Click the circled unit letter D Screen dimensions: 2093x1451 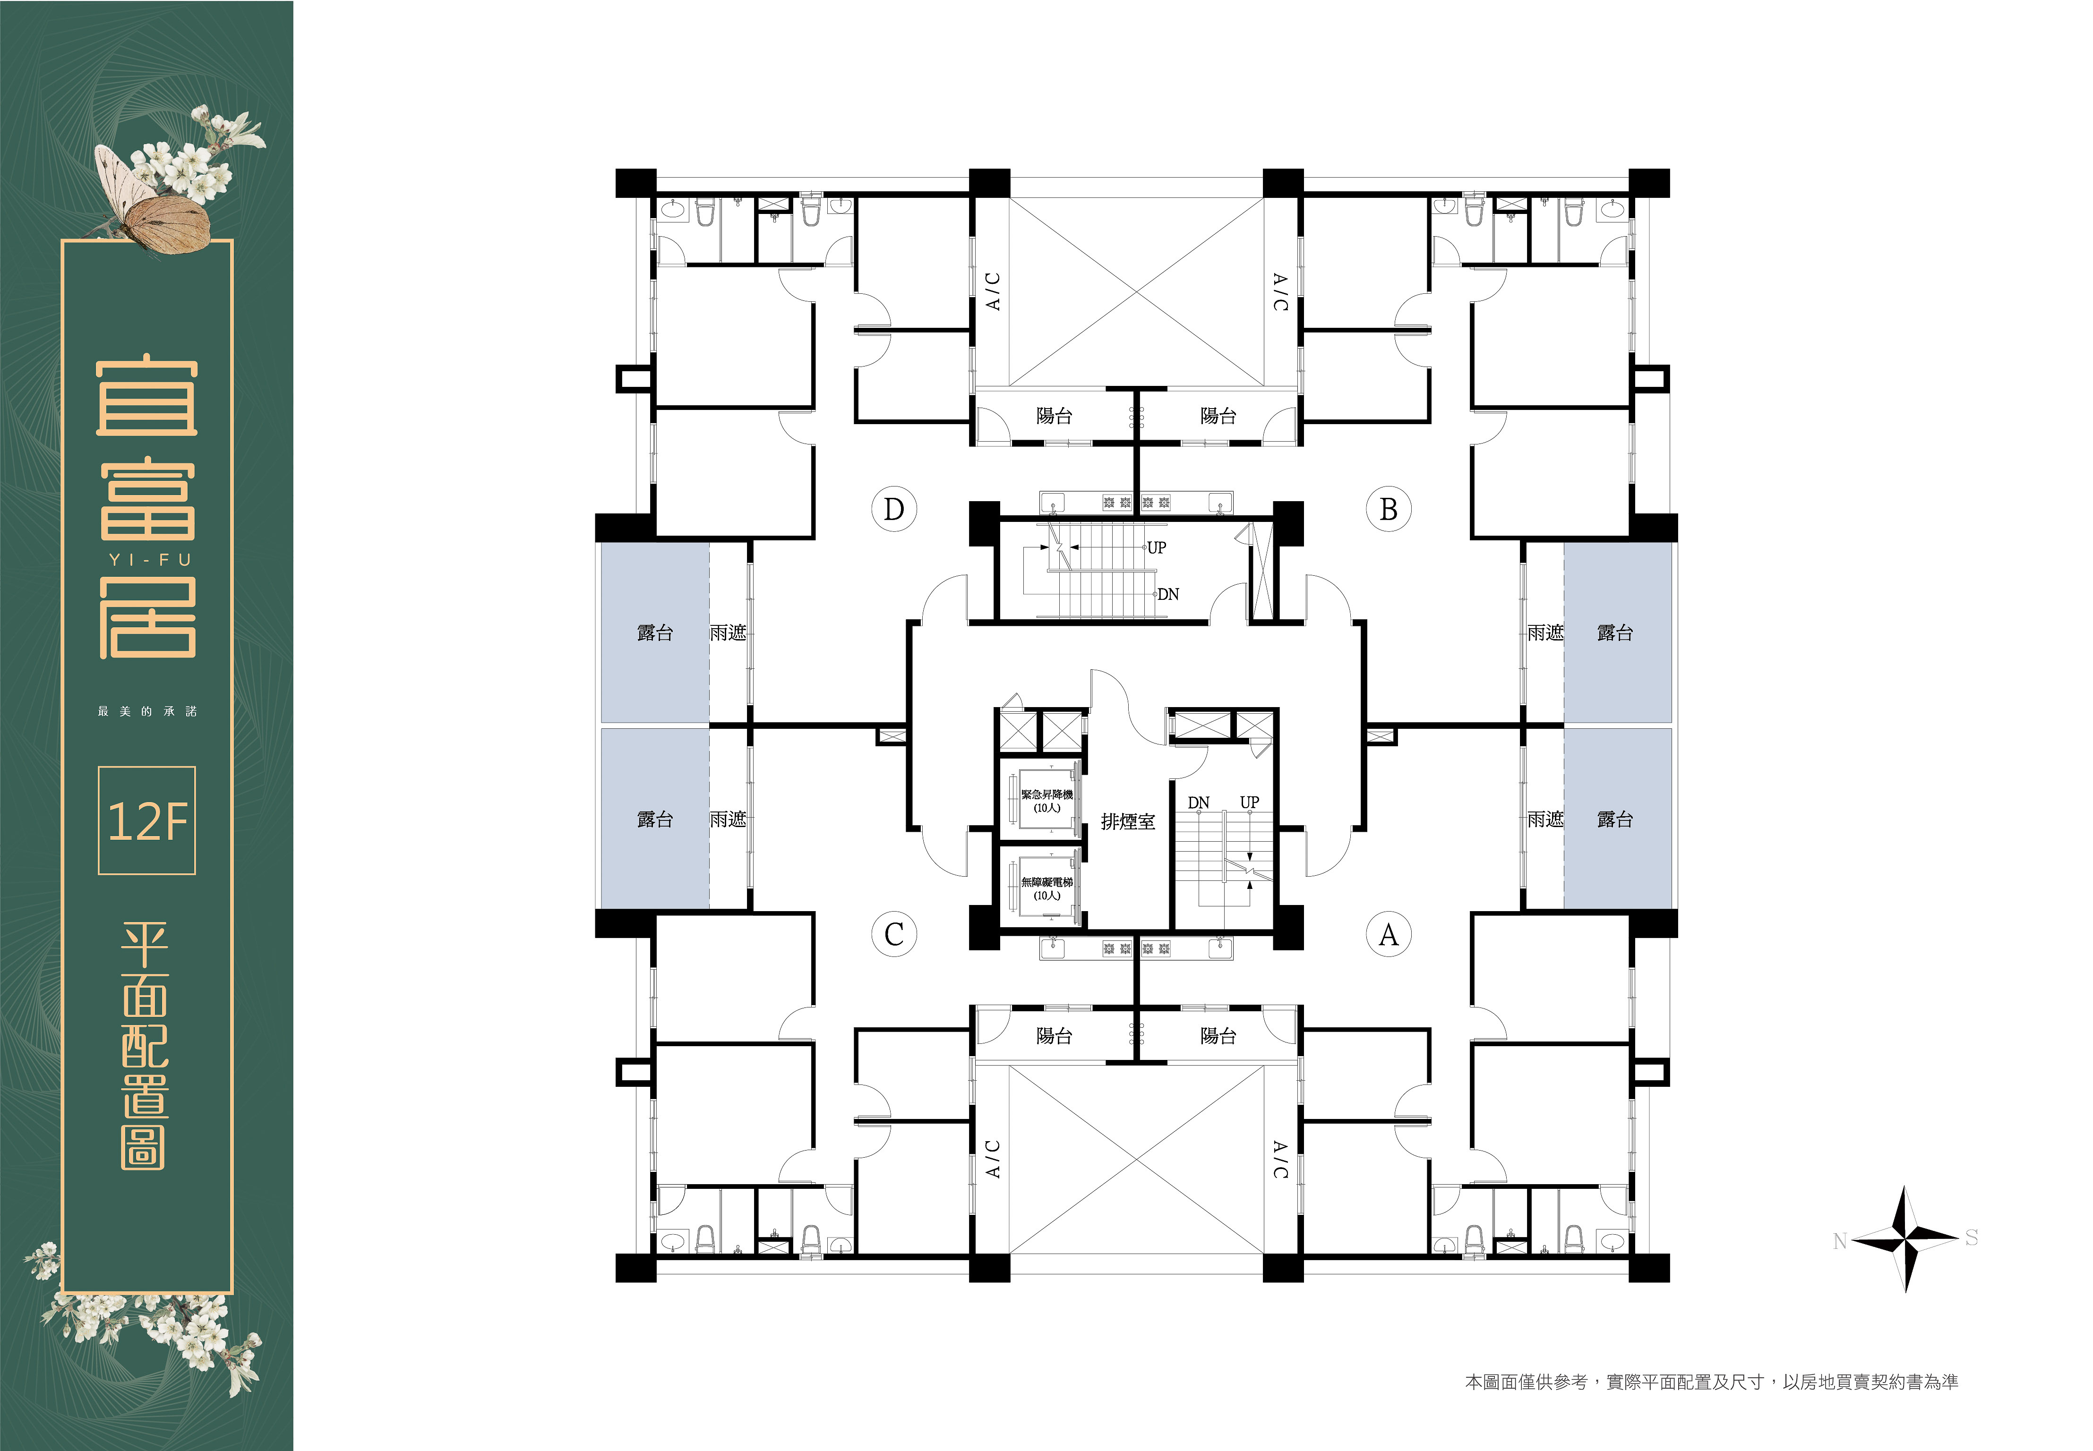tap(894, 509)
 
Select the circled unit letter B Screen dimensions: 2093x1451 tap(1389, 509)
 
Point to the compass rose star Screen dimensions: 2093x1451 tap(1906, 1238)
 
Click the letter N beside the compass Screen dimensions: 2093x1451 tap(1839, 1241)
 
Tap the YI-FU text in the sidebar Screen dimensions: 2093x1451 tap(151, 560)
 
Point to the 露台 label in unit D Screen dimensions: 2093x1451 tap(655, 633)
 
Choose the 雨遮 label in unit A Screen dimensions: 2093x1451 tap(1546, 819)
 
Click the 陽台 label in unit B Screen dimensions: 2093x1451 tap(1218, 416)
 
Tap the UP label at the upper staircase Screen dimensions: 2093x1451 tap(1157, 547)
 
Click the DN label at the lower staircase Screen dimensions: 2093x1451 tap(1198, 803)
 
